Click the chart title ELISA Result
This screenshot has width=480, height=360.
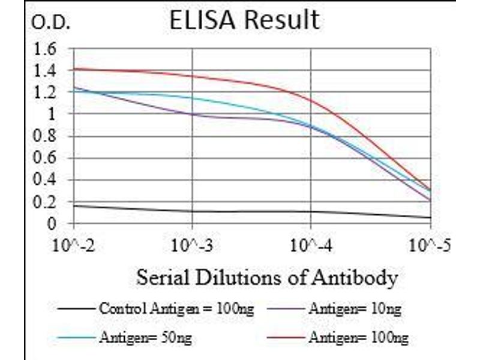244,20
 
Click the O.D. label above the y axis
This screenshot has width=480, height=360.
50,24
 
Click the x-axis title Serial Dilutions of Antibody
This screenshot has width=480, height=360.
266,278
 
